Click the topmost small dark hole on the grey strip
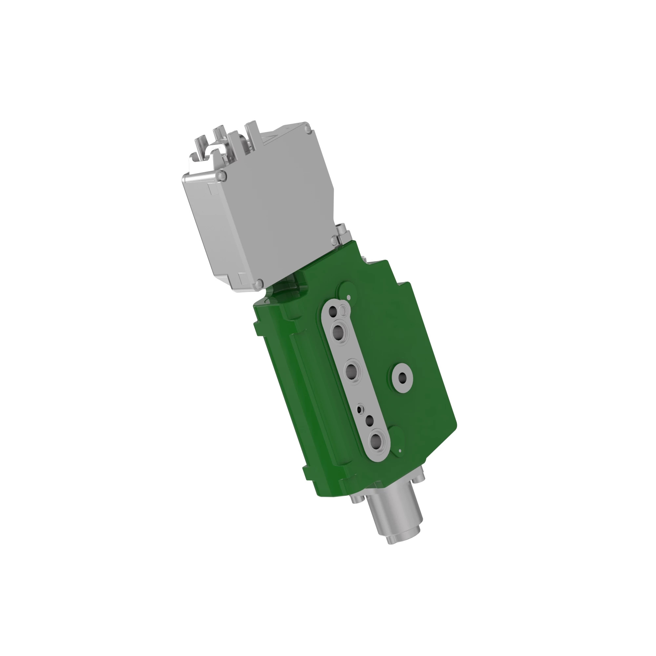(332, 311)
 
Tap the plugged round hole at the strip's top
(344, 310)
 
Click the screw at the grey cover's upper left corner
(222, 175)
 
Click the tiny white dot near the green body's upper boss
(349, 297)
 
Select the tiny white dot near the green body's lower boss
(400, 451)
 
